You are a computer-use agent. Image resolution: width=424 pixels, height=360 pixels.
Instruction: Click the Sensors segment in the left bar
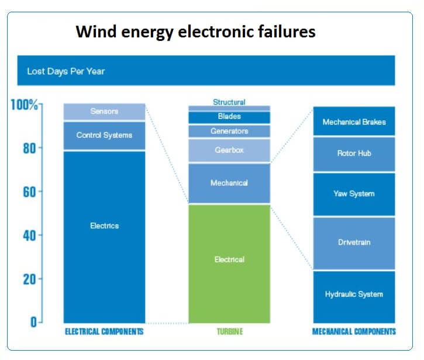pos(104,112)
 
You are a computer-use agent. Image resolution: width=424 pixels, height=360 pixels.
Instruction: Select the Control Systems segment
pos(104,136)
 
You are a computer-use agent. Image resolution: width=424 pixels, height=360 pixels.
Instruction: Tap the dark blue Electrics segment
pos(104,237)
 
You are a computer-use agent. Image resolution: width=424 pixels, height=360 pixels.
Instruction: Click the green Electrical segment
pos(229,264)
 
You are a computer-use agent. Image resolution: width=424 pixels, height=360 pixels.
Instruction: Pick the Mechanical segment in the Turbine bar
pos(229,184)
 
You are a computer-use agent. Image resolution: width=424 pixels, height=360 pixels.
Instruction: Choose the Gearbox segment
pos(229,150)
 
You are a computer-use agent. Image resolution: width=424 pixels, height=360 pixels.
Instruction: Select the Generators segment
pos(229,131)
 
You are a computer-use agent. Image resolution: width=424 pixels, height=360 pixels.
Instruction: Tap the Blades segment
pos(229,117)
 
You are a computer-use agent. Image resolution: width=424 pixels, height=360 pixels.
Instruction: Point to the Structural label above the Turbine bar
pos(229,102)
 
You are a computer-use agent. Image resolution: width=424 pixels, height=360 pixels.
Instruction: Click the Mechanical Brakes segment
pos(354,121)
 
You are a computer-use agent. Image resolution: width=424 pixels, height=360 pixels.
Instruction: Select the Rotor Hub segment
pos(354,154)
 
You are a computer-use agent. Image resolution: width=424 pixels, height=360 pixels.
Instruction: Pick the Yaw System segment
pos(354,195)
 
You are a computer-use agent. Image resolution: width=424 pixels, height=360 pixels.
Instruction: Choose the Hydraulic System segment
pos(354,297)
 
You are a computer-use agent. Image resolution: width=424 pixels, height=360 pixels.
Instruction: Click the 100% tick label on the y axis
pos(24,105)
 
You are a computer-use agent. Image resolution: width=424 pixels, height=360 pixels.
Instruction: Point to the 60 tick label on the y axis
pos(29,192)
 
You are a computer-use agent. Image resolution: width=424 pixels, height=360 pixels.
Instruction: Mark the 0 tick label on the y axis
pos(33,322)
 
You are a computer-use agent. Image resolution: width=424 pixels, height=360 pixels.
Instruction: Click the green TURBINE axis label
pos(230,331)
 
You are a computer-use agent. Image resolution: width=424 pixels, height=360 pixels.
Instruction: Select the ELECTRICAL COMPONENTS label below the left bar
pos(104,331)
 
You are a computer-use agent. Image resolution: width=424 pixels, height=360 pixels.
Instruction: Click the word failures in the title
pos(287,32)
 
